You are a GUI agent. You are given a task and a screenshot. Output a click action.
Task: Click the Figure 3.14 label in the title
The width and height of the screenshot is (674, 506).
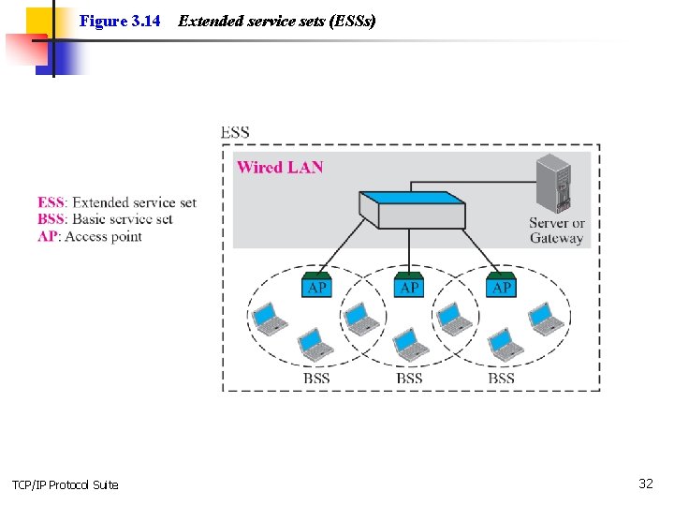click(120, 21)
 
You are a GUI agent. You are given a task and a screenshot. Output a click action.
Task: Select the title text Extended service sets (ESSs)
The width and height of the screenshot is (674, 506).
click(276, 21)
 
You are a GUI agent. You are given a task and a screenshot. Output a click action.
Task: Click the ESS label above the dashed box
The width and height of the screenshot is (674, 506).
click(235, 132)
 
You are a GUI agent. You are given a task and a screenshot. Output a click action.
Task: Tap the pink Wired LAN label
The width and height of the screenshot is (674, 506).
click(280, 168)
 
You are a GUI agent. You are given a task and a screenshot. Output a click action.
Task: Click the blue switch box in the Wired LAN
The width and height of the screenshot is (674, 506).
click(413, 210)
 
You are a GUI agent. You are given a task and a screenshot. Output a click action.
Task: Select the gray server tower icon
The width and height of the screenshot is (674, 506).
click(552, 184)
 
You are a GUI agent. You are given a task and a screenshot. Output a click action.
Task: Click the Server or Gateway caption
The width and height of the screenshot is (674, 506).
click(556, 231)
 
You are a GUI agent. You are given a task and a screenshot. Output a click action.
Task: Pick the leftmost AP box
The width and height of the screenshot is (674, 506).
click(317, 286)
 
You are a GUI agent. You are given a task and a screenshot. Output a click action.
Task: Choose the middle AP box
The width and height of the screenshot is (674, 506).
click(409, 286)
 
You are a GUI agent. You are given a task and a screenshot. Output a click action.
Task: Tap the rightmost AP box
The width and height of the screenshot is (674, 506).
click(502, 286)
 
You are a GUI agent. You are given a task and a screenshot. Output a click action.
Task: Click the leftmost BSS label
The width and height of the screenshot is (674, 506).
click(316, 379)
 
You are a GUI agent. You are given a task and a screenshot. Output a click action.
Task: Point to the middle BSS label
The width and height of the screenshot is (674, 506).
click(409, 379)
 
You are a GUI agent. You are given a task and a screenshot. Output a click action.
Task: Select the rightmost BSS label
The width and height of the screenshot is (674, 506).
click(501, 379)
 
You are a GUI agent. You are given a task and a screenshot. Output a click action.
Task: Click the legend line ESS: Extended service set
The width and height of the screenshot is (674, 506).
click(117, 202)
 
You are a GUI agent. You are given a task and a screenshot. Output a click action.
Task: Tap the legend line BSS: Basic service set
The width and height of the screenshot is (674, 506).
click(105, 219)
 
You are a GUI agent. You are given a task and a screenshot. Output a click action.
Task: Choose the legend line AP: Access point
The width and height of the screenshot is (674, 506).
click(90, 236)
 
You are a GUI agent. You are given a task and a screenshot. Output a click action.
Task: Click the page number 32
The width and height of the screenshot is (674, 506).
click(645, 484)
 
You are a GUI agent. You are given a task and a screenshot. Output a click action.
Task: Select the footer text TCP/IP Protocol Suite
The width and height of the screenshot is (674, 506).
click(65, 484)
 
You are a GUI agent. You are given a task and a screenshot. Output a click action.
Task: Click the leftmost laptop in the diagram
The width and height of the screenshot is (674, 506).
click(268, 318)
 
